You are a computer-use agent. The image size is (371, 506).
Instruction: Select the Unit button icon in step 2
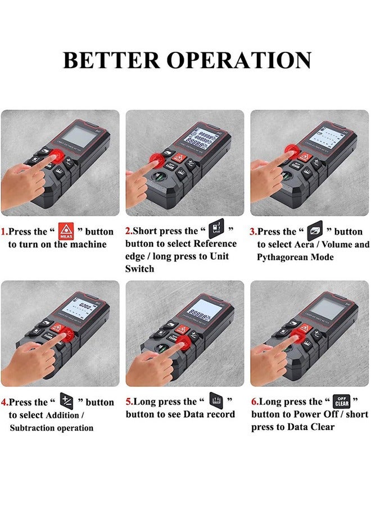[x=216, y=231]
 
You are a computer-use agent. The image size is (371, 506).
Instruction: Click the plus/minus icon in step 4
[x=67, y=402]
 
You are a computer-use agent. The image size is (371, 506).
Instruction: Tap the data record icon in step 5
[x=216, y=402]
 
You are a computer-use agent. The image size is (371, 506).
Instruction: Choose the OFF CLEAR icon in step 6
[x=341, y=401]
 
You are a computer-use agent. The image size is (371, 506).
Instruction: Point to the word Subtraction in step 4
[x=35, y=428]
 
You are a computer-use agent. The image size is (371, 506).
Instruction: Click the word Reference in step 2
[x=215, y=244]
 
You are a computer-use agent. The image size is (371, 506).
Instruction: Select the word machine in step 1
[x=89, y=245]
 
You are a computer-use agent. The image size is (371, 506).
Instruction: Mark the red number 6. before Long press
[x=255, y=402]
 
